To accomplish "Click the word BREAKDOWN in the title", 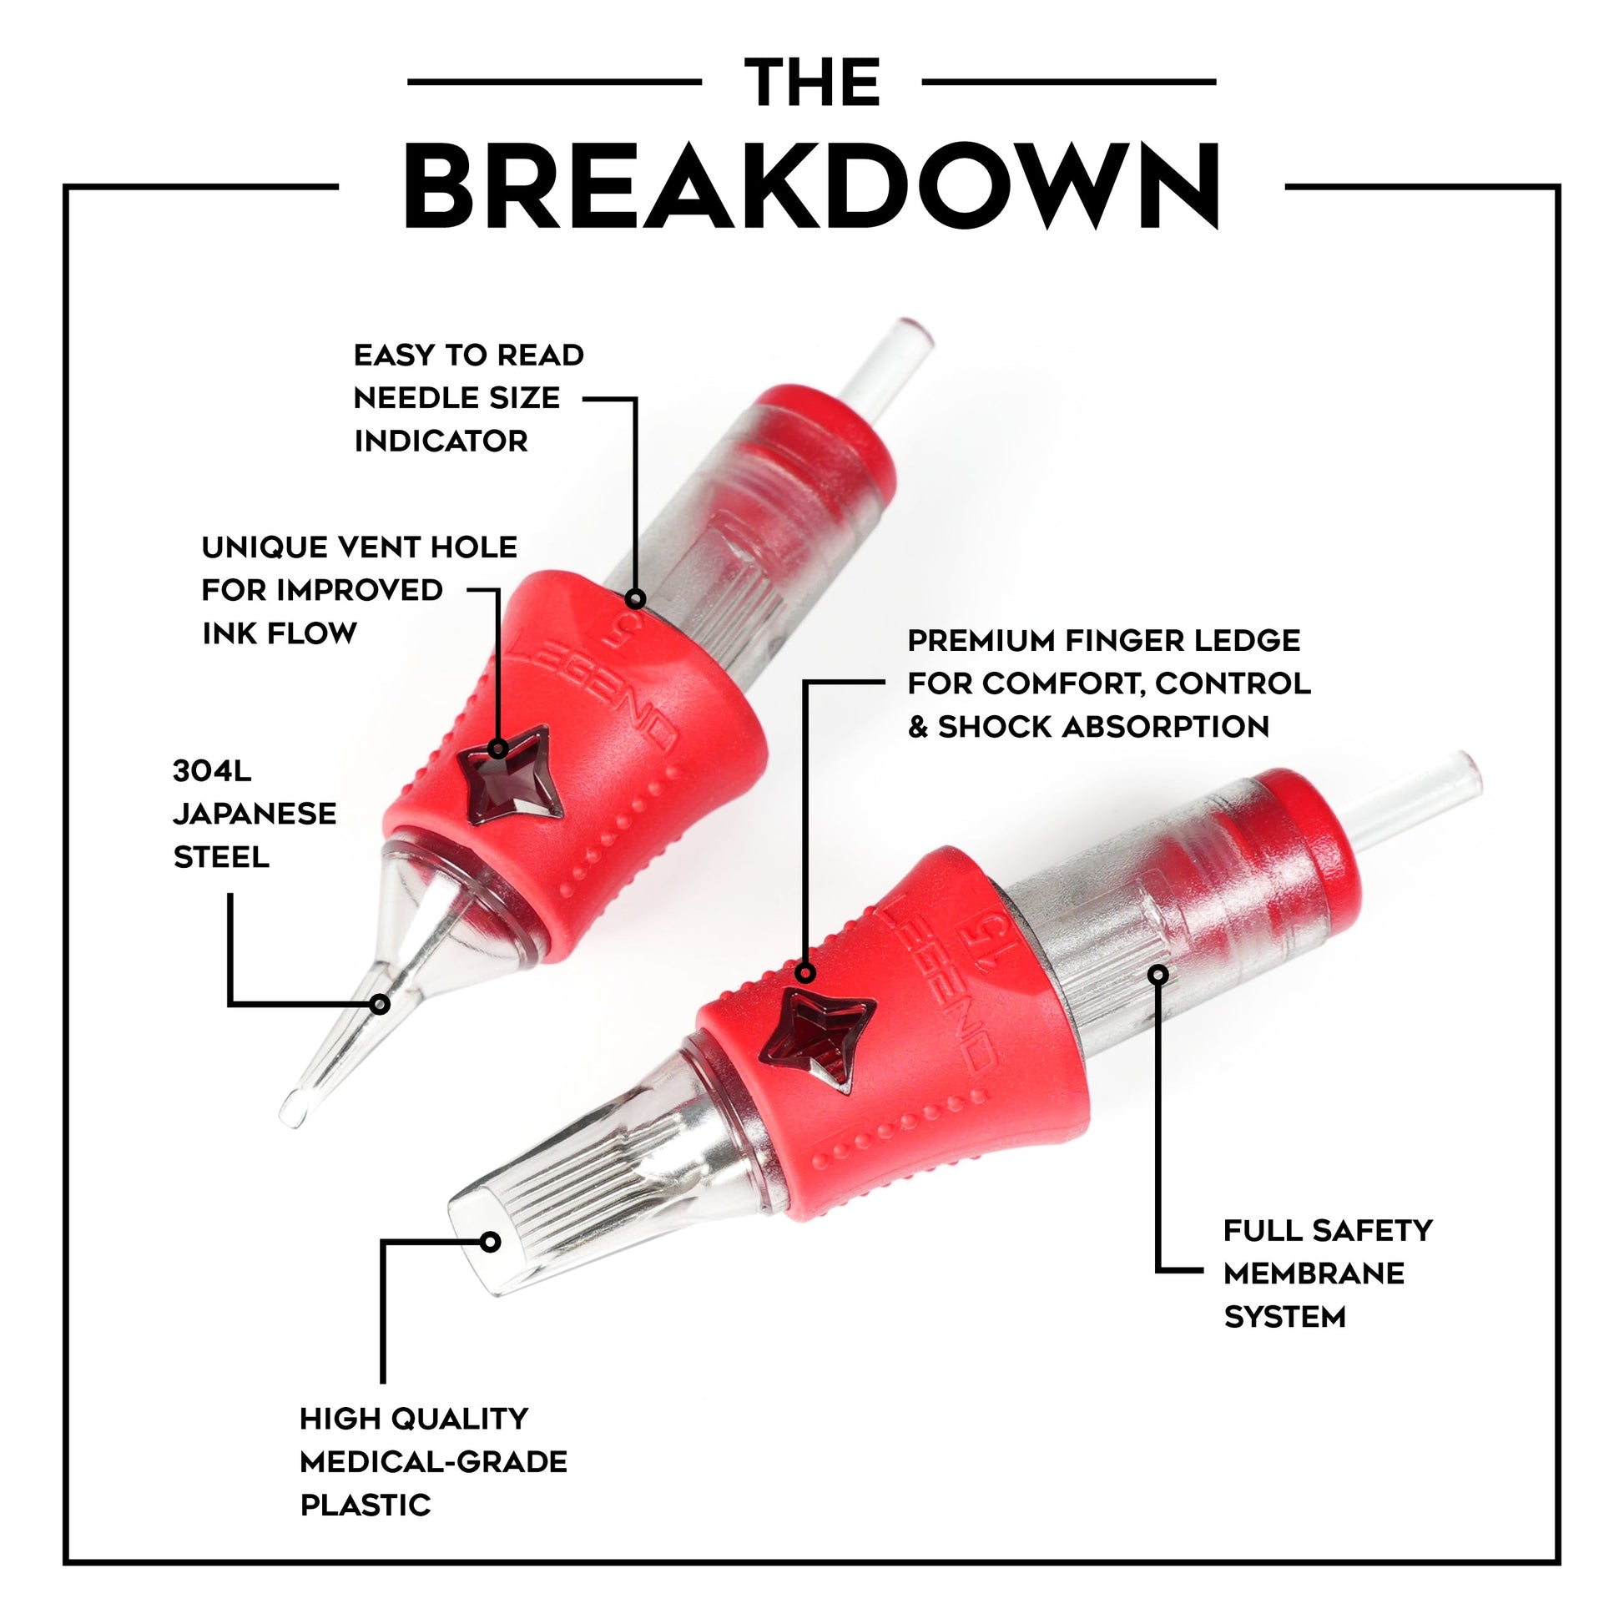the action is coord(812,187).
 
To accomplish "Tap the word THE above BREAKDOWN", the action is coord(812,83).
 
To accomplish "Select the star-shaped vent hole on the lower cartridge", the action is coord(816,1041).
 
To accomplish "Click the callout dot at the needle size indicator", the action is coord(635,599).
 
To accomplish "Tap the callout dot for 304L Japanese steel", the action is coord(380,1004).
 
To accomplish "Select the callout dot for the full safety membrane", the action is coord(1158,974).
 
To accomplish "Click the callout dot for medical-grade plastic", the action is coord(491,1242).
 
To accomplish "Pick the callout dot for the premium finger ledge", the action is coord(805,973).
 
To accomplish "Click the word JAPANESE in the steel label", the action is coord(255,814).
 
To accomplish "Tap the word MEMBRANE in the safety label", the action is coord(1314,1273).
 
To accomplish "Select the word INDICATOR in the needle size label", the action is coord(441,441).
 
